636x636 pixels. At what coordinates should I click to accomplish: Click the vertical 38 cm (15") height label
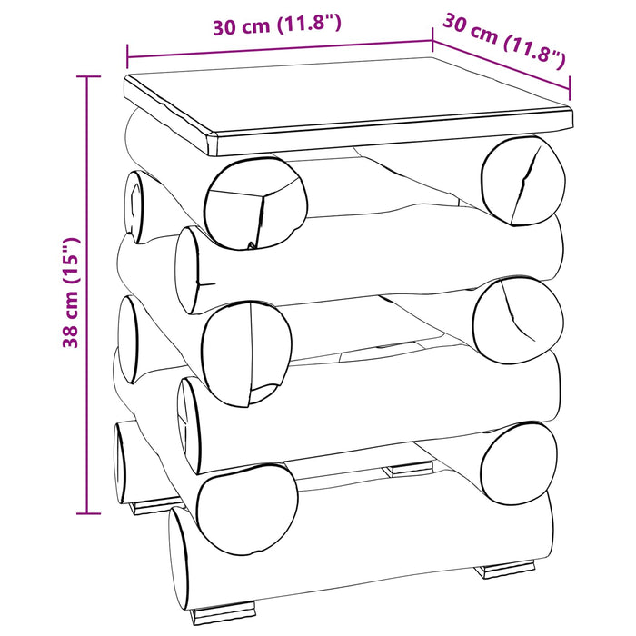(72, 293)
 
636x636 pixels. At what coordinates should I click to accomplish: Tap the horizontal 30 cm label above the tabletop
(277, 25)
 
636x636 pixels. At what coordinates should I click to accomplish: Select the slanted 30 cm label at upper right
(503, 42)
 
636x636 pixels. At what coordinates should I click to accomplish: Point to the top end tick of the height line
(88, 76)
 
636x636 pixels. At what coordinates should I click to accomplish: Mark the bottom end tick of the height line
(88, 513)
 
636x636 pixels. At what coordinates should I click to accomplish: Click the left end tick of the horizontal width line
(127, 56)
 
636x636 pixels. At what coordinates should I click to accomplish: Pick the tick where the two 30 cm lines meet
(432, 40)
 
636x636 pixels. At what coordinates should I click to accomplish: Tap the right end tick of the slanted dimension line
(570, 88)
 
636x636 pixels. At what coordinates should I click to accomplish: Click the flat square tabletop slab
(348, 106)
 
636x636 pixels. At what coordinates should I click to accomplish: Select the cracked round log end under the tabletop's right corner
(523, 181)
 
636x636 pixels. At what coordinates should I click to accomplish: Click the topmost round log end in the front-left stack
(255, 204)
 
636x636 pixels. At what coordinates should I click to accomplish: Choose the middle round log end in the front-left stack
(246, 353)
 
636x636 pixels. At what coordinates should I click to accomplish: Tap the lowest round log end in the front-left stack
(247, 509)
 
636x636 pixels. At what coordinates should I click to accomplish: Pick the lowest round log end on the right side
(519, 463)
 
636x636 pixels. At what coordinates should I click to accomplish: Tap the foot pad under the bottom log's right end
(504, 568)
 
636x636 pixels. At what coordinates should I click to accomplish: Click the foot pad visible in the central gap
(408, 469)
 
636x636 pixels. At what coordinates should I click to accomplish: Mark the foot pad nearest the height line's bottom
(155, 506)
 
